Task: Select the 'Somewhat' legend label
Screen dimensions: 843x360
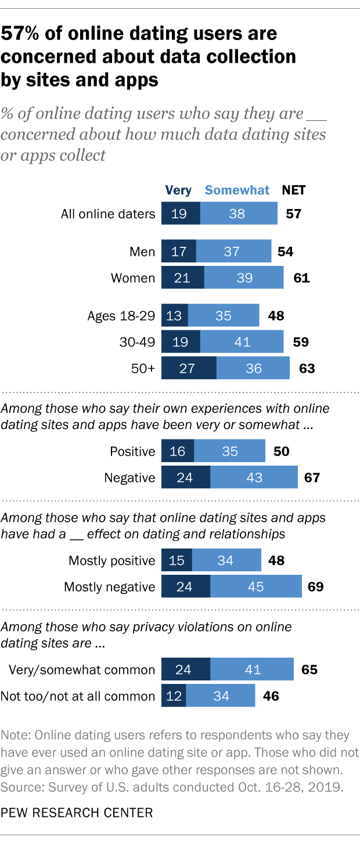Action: click(x=237, y=190)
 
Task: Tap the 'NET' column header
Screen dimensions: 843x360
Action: click(x=293, y=190)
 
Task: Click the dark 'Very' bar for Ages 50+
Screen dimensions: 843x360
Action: click(x=188, y=368)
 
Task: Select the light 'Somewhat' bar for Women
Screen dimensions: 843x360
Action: click(x=244, y=278)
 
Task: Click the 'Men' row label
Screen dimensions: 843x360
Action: click(x=142, y=251)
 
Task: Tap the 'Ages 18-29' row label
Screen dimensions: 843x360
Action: click(x=121, y=316)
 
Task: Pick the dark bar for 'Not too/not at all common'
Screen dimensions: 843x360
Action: click(x=173, y=696)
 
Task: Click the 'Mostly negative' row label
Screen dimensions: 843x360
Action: click(x=110, y=586)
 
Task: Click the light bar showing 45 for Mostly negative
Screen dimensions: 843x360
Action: click(x=255, y=586)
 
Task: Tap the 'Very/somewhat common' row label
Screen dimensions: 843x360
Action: click(x=82, y=669)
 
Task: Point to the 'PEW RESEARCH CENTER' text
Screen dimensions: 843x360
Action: click(x=77, y=812)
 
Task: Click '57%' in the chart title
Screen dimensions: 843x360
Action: click(x=24, y=34)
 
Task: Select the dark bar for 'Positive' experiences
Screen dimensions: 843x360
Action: click(x=177, y=451)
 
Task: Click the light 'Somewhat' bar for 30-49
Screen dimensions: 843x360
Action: click(x=242, y=342)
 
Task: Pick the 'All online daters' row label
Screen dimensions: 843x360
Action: click(x=108, y=214)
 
